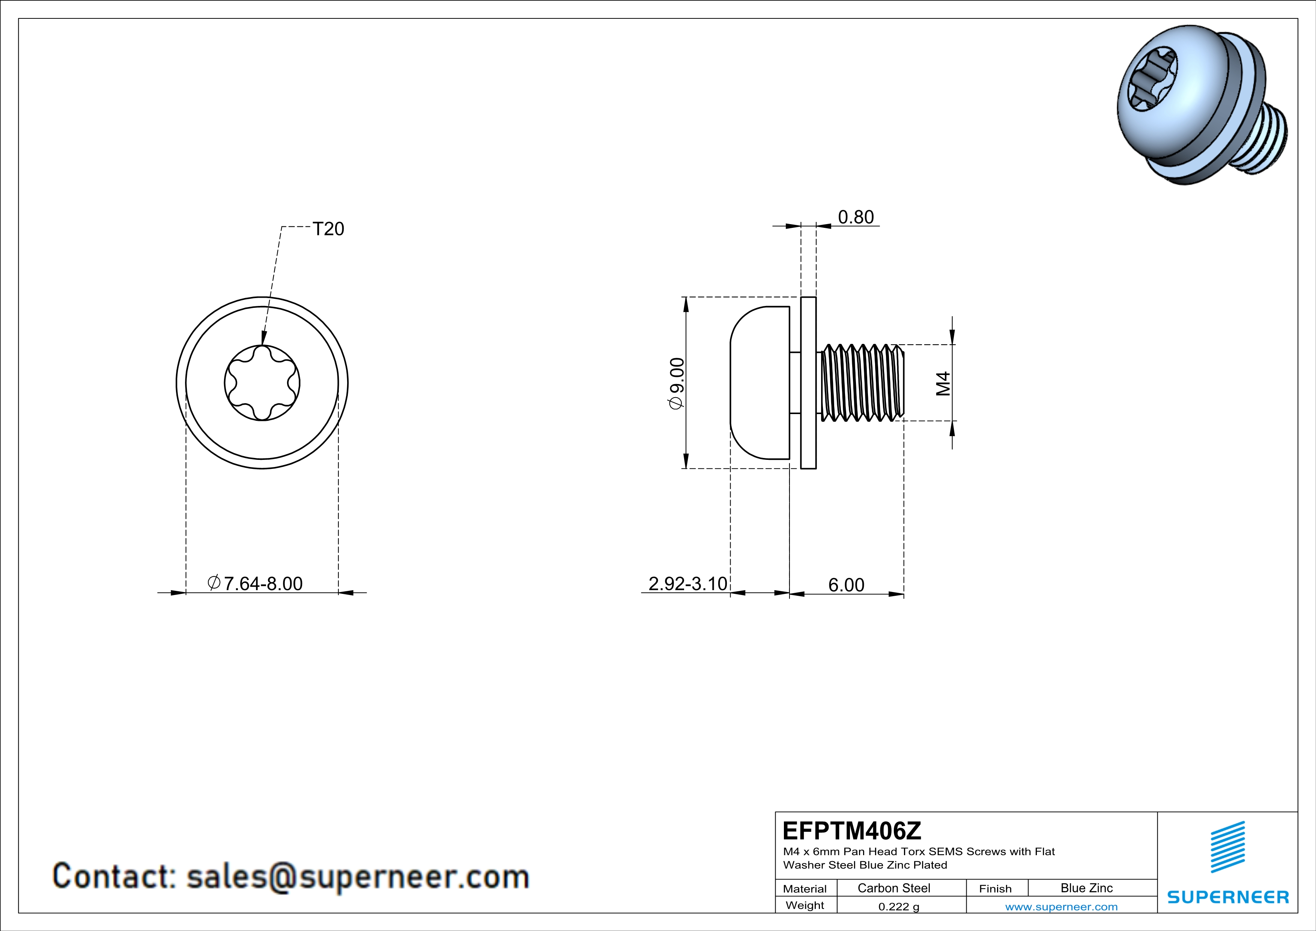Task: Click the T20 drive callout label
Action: (328, 229)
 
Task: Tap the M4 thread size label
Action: (943, 384)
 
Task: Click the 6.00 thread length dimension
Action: (846, 585)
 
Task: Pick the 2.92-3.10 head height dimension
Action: (687, 584)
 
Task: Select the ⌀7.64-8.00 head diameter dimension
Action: (255, 583)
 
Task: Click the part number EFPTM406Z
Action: (852, 831)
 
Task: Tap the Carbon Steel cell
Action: (893, 888)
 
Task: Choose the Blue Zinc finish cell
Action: (1087, 888)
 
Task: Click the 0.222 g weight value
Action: (899, 906)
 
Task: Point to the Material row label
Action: (805, 889)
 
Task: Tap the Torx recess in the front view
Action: (262, 383)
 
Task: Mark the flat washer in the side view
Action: (808, 383)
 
